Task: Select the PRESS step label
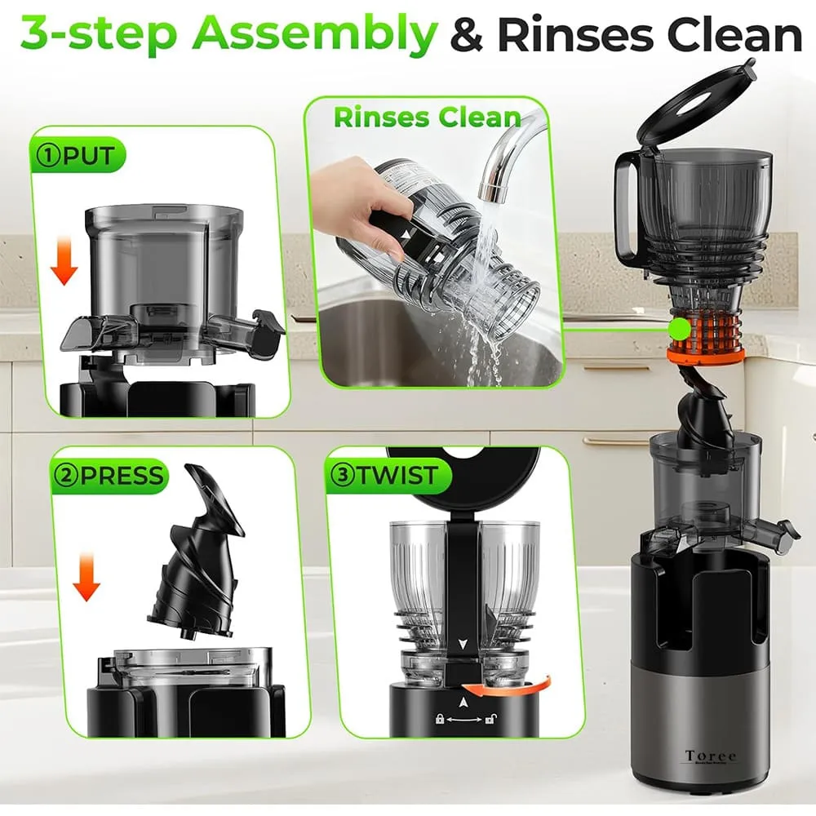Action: coord(111,476)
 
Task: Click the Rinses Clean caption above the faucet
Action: coord(426,117)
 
